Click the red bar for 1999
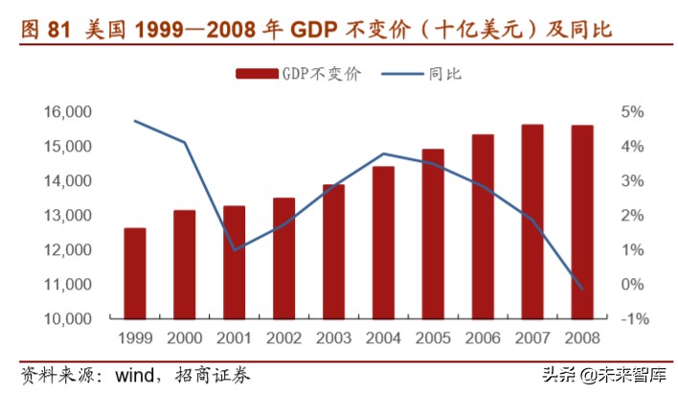click(135, 273)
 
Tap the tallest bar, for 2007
click(532, 221)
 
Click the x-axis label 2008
click(582, 337)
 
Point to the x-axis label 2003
click(333, 337)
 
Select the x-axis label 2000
click(185, 337)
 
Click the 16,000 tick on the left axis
click(67, 112)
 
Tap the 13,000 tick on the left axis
click(67, 216)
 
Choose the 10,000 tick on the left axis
click(67, 319)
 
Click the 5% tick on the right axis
click(635, 112)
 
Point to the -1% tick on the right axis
click(633, 319)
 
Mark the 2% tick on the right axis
click(635, 216)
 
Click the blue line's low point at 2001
click(235, 250)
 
